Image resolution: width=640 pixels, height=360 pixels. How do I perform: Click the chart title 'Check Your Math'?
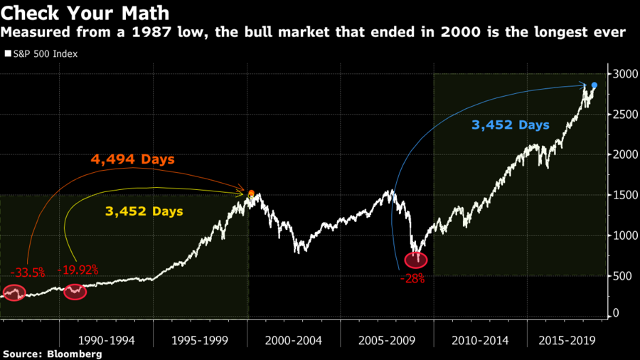84,13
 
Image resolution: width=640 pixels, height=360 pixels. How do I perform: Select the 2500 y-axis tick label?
623,115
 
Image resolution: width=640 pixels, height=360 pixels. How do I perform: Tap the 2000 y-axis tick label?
623,154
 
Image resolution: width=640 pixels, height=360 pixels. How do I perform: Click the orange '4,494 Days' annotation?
132,159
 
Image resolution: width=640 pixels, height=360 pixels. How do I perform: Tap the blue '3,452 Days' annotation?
511,125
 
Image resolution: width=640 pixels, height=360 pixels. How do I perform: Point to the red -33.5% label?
28,272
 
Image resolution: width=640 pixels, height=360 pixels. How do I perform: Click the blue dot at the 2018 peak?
594,85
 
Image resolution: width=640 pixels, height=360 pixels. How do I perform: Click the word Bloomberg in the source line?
73,354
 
